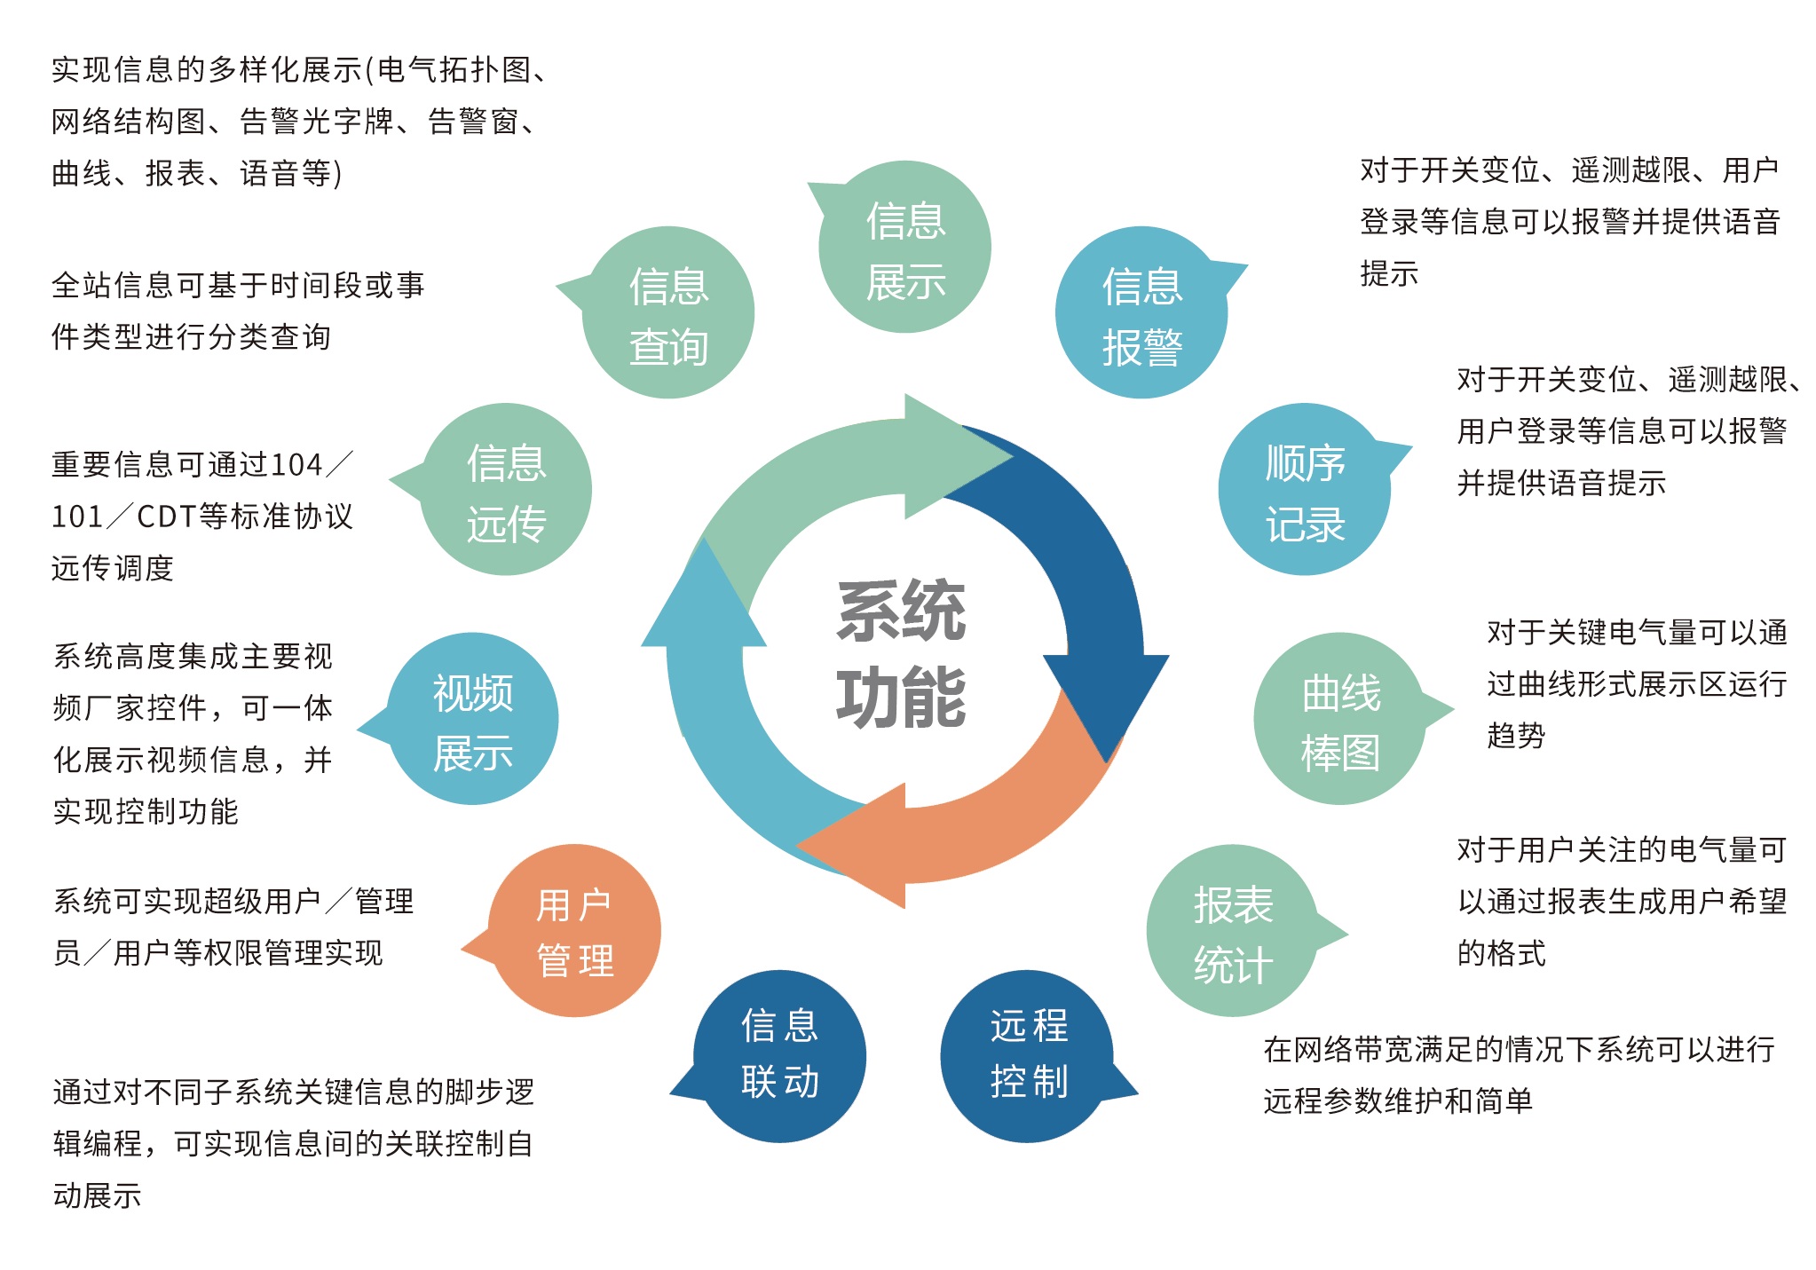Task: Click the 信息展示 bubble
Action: click(904, 248)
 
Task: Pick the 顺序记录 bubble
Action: click(1304, 490)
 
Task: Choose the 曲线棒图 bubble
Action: click(1339, 719)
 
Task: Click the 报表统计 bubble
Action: click(1232, 931)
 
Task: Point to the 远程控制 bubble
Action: click(1028, 1056)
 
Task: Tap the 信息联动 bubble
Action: click(779, 1056)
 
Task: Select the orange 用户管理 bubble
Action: click(574, 931)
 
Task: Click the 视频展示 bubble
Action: click(472, 719)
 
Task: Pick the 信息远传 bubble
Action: click(506, 490)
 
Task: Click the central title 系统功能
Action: click(901, 654)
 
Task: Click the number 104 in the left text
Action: click(296, 465)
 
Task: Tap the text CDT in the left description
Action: click(167, 517)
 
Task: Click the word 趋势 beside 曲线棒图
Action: click(1516, 736)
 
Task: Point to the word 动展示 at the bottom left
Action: click(97, 1195)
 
